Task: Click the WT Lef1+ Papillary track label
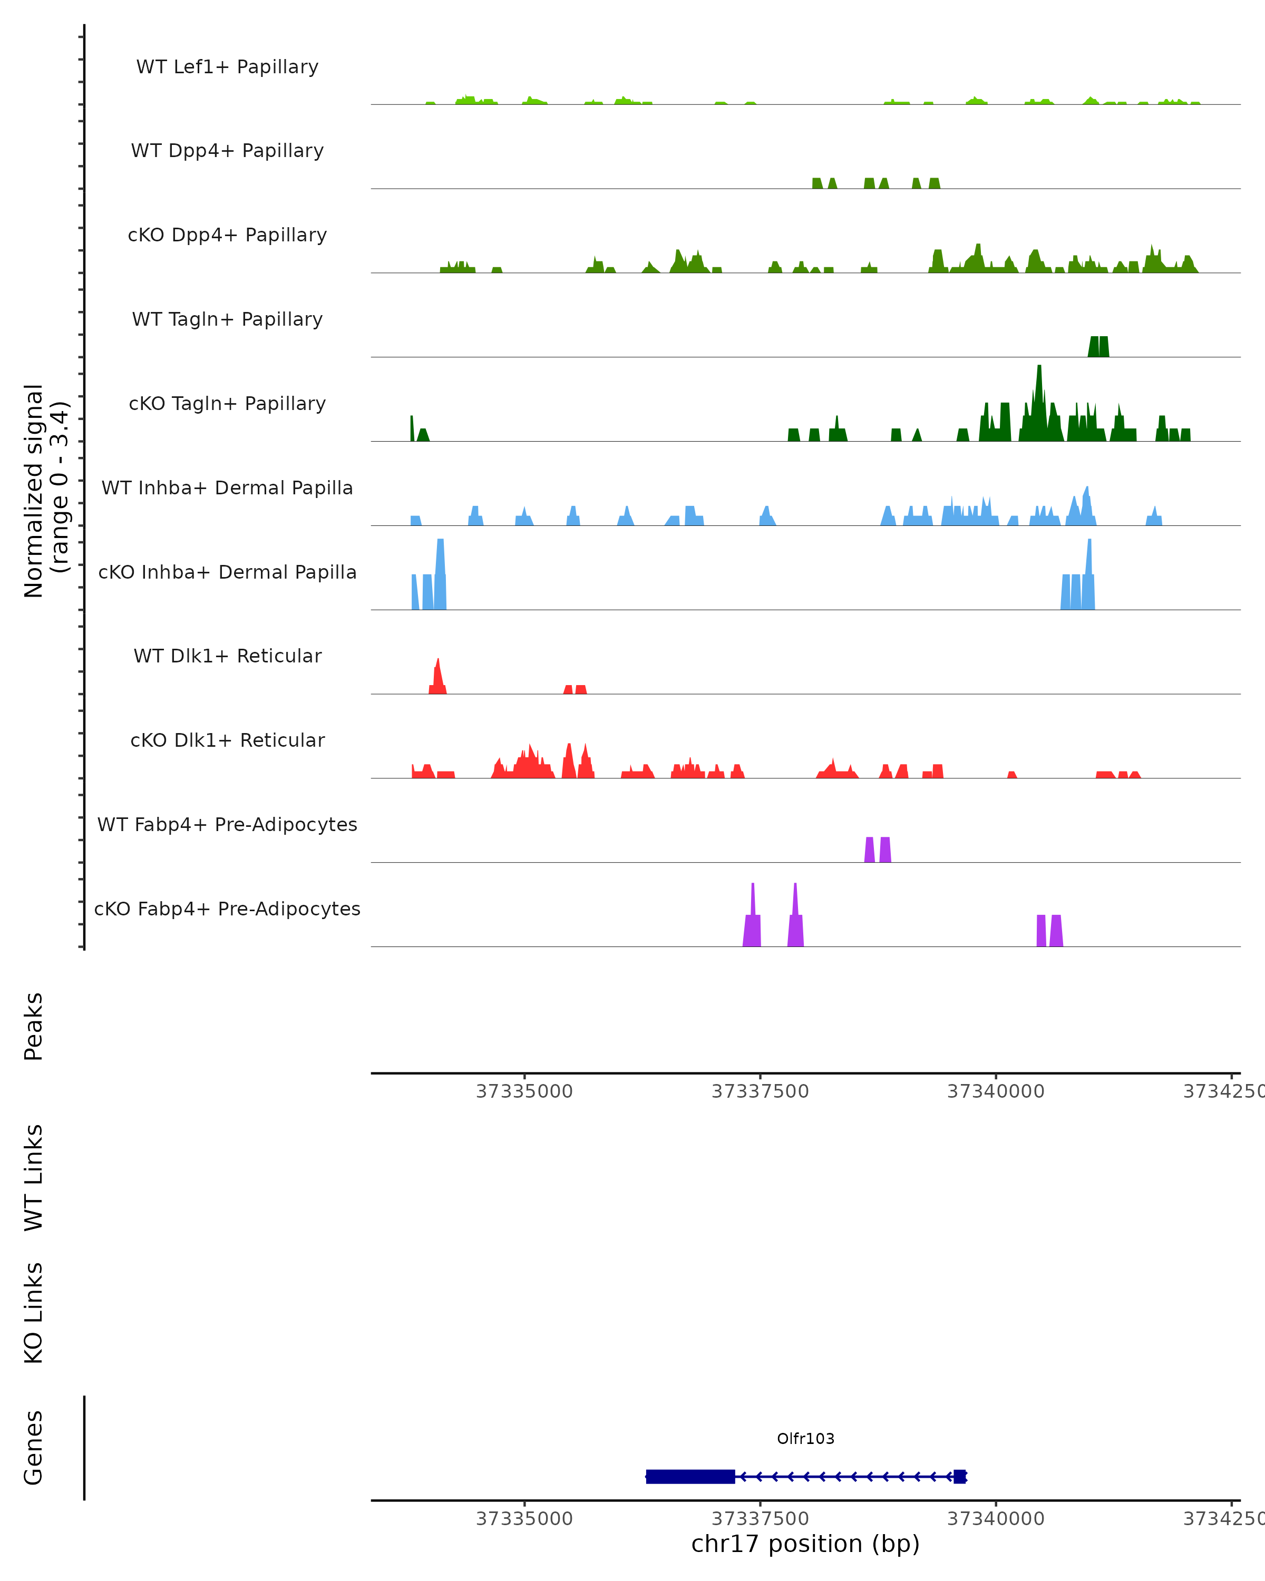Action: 227,67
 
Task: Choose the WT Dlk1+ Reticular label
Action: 227,656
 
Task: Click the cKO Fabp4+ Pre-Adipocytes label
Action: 227,909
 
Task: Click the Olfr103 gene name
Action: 805,1439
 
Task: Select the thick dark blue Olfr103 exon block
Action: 690,1476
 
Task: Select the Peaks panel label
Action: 34,1026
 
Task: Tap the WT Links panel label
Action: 34,1177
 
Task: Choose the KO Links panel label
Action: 34,1313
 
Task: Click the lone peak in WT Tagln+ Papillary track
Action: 1098,347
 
